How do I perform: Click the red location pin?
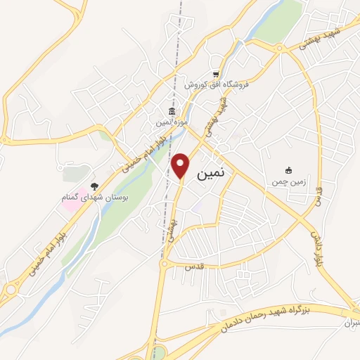[181, 164]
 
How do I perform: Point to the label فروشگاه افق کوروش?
[212, 85]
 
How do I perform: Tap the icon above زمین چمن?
[288, 170]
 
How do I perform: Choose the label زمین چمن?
[287, 181]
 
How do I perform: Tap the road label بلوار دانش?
[316, 246]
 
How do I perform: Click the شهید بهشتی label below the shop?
[223, 115]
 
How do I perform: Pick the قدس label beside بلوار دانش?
[321, 195]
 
